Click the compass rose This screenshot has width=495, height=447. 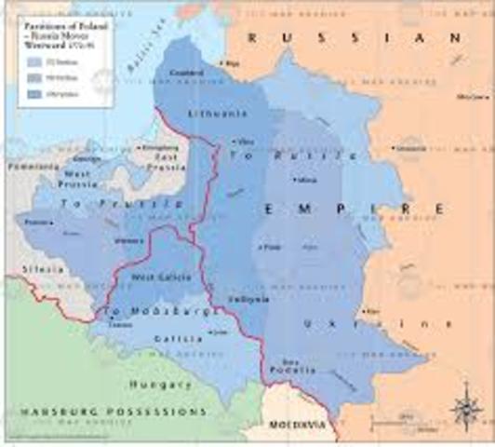(x=462, y=407)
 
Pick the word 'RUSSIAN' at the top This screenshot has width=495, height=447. (x=354, y=37)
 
